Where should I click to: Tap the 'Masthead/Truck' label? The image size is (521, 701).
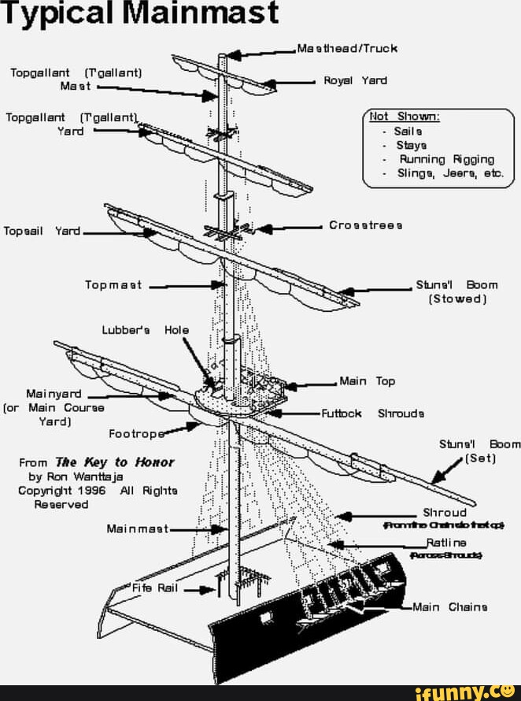(x=347, y=48)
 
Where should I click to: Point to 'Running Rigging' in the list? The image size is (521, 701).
(x=446, y=158)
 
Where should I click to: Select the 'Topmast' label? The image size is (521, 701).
(x=115, y=285)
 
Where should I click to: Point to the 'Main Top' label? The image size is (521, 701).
(x=368, y=381)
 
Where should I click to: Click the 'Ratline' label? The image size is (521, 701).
(x=446, y=543)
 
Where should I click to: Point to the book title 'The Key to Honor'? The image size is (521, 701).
(x=115, y=462)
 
